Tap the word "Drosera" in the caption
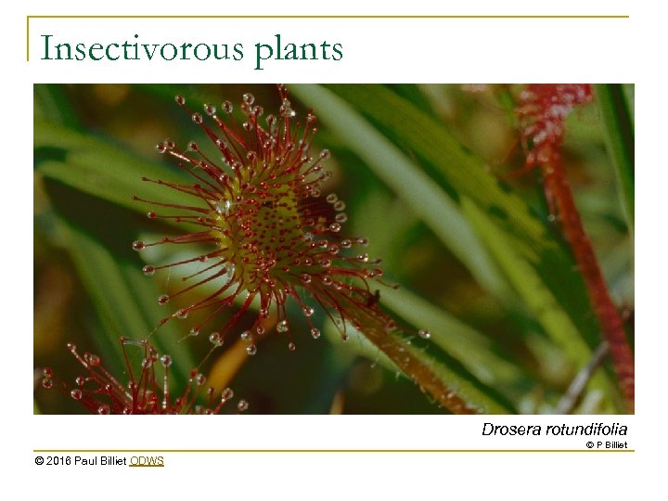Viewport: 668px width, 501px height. click(509, 430)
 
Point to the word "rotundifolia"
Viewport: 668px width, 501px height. click(585, 430)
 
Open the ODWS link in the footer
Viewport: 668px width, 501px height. click(147, 461)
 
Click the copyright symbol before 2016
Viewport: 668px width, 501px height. click(39, 461)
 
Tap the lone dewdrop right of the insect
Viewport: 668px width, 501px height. click(425, 333)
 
